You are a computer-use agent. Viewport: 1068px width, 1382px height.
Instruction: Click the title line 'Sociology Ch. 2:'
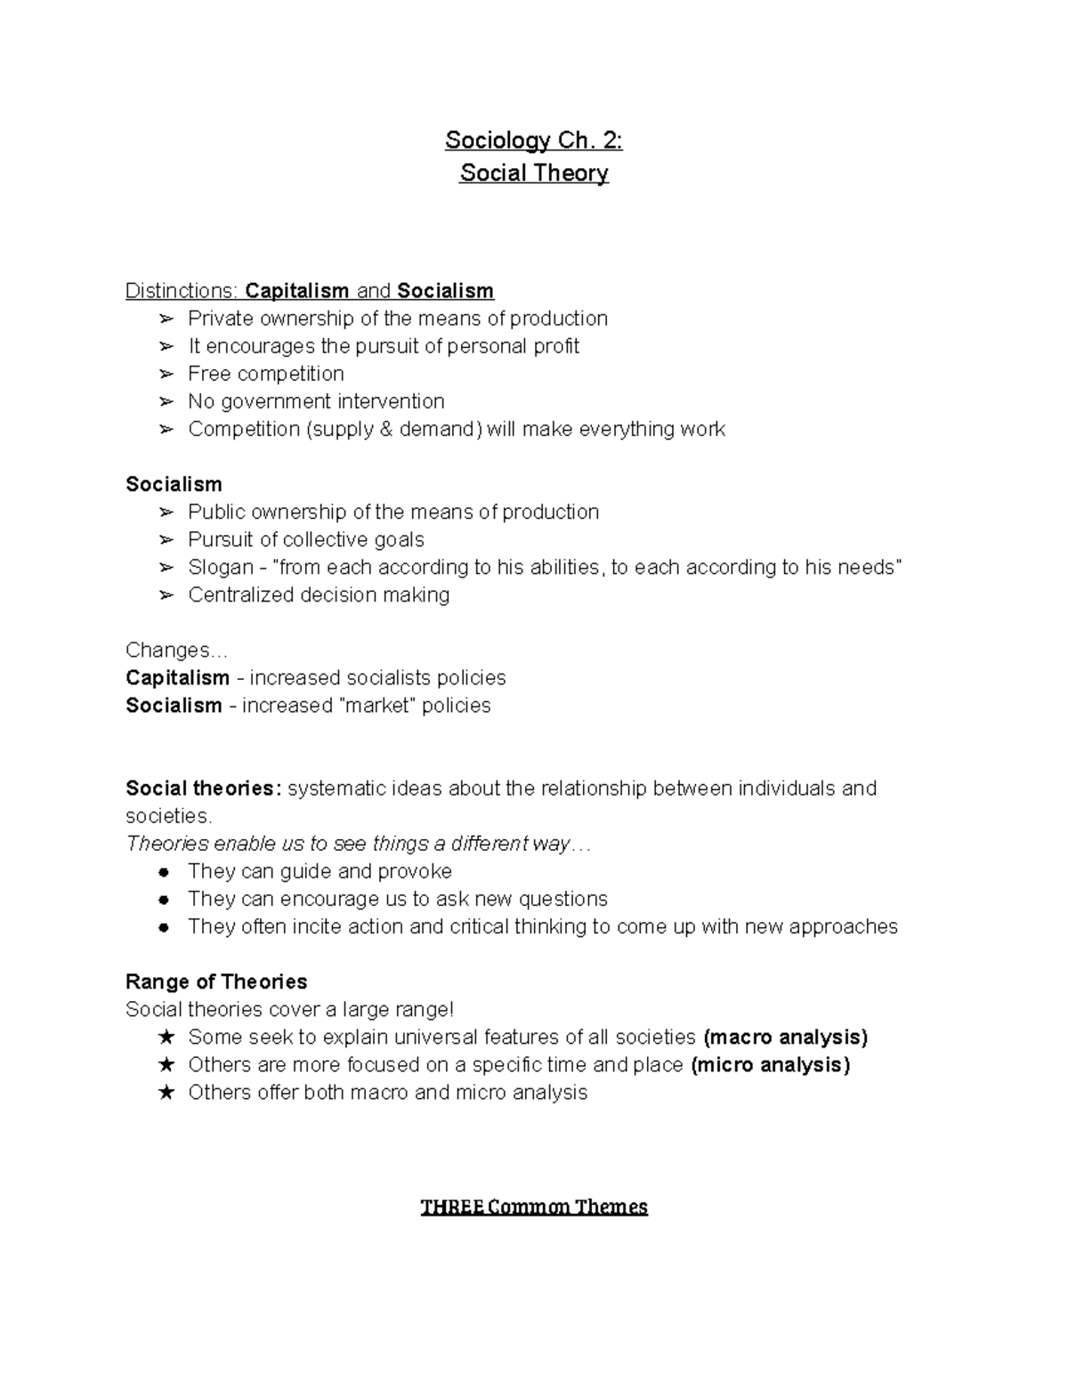tap(533, 141)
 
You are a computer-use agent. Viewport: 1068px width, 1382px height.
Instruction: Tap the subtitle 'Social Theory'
tap(533, 173)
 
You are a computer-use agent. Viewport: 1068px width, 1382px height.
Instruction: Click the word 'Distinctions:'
tap(182, 291)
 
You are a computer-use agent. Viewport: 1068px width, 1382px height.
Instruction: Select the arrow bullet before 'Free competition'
tap(166, 374)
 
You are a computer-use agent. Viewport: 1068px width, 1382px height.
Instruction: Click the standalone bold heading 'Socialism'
tap(174, 484)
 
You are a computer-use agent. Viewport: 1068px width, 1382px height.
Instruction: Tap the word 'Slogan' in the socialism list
tap(220, 567)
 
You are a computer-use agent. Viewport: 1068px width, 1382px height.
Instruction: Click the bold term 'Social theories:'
tap(203, 788)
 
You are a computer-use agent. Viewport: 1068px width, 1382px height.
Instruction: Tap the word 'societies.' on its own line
tap(168, 816)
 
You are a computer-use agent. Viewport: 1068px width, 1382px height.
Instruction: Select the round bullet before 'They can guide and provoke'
tap(165, 872)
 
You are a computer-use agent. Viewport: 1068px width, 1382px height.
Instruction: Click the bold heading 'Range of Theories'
tap(216, 982)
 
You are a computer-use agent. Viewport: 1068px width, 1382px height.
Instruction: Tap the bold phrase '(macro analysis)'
tap(785, 1037)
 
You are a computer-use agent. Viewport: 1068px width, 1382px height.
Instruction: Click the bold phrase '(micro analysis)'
tap(770, 1064)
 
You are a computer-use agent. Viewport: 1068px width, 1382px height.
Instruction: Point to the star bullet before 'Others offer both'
tap(166, 1093)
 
